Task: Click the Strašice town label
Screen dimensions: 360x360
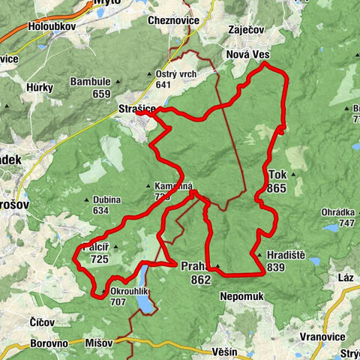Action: [x=136, y=109]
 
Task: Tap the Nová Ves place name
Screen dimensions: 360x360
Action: [x=247, y=55]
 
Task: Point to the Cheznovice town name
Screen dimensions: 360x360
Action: [x=174, y=20]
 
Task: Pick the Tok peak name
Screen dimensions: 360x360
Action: [x=276, y=174]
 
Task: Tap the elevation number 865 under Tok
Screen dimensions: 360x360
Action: [x=276, y=188]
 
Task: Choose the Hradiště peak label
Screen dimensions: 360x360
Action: [x=283, y=256]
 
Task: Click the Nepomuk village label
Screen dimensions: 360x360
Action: [x=241, y=296]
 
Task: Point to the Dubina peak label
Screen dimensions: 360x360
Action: [x=106, y=200]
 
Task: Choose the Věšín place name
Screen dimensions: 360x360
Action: [x=224, y=351]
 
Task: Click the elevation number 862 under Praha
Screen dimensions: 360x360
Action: [x=200, y=279]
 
